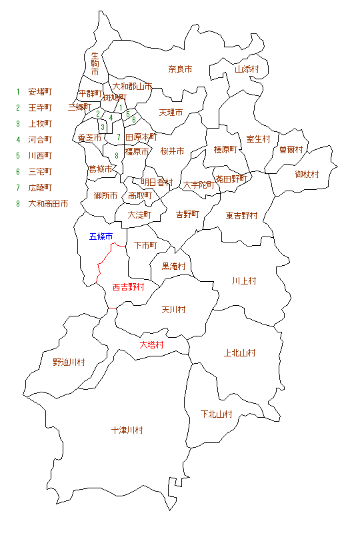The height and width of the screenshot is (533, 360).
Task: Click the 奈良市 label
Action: pos(180,69)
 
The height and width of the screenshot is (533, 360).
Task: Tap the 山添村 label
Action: pos(246,69)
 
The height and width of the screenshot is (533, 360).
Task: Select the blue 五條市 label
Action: pos(101,237)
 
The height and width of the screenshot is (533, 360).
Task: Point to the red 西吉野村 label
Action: pos(128,287)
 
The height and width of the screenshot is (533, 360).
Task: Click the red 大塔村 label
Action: pos(151,345)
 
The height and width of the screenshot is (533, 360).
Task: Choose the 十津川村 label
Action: pos(127,430)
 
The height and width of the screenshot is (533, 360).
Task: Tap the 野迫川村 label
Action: pos(69,362)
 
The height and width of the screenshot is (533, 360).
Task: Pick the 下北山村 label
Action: pos(216,414)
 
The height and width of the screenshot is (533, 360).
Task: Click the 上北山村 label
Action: pos(240,352)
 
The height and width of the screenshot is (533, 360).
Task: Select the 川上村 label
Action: pos(244,280)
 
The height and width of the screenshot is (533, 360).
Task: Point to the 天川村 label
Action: pos(173,310)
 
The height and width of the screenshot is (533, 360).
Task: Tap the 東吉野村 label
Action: pos(241,215)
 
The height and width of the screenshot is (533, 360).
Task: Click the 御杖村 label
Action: pos(307,174)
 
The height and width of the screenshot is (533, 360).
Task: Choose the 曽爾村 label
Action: pos(291,149)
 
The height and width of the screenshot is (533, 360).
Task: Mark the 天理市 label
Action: pos(171,112)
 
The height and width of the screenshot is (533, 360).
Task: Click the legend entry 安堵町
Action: pos(40,91)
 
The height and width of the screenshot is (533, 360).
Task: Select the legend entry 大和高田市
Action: pos(48,204)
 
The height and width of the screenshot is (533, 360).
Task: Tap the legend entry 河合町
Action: pos(40,139)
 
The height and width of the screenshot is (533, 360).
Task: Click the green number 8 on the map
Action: pos(116,155)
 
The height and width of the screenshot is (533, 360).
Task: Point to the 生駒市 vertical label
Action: pos(95,63)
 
